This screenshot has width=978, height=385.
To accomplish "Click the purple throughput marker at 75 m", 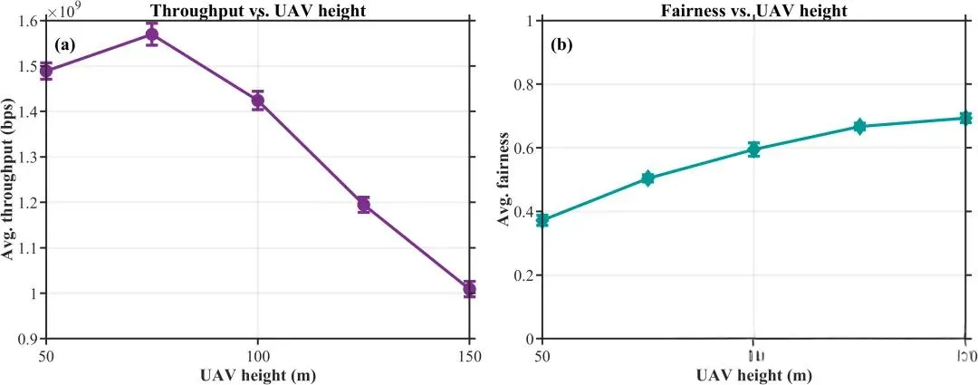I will point(152,35).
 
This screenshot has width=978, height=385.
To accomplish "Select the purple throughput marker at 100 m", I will point(258,101).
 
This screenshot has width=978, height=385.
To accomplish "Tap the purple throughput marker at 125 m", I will point(364,204).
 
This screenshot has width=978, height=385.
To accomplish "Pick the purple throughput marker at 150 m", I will point(469,289).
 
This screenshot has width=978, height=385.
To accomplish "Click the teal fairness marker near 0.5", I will point(647,178).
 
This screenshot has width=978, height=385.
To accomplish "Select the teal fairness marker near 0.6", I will point(753,149).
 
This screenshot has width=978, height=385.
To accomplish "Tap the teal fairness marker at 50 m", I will point(542,220).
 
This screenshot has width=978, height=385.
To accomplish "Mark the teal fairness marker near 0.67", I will point(859,126).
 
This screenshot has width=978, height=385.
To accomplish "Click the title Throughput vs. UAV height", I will point(258,8).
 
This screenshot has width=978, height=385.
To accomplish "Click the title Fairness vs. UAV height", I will point(753,8).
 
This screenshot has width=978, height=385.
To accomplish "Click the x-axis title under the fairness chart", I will point(753,374).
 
